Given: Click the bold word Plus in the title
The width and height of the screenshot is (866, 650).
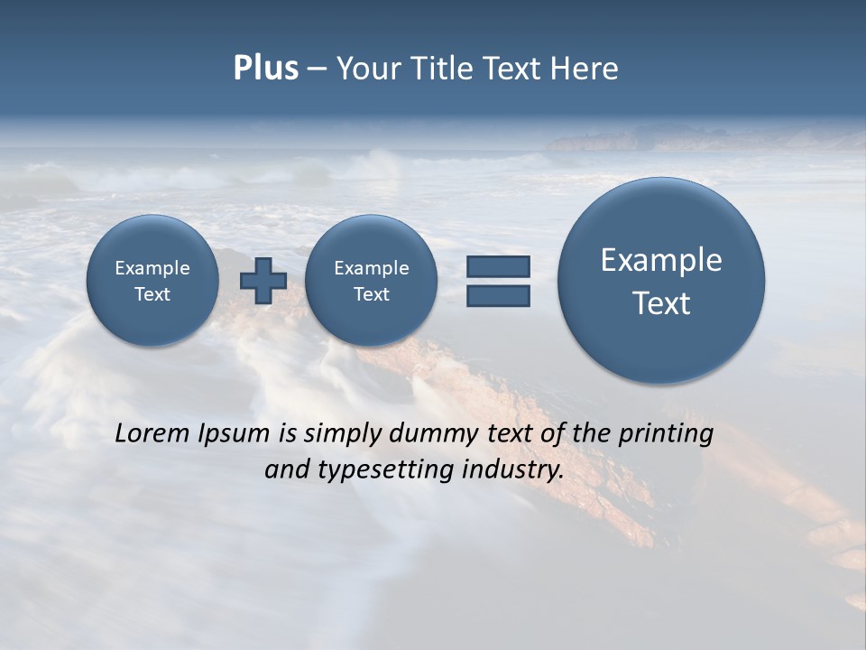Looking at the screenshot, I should point(265,69).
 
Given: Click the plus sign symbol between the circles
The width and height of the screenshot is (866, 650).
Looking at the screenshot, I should point(263,281).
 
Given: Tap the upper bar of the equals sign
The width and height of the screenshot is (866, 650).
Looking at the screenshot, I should point(498,266).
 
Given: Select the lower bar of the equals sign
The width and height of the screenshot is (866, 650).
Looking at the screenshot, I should point(498,295).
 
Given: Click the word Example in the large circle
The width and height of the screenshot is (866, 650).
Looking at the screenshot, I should point(661,260).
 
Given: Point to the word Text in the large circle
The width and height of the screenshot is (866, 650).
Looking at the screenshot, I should point(661,303).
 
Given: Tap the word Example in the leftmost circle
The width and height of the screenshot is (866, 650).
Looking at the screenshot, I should point(152,268).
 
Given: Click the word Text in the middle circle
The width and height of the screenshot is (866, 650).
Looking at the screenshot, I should point(371,294).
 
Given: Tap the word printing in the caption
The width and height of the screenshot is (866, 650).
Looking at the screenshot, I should point(666,434).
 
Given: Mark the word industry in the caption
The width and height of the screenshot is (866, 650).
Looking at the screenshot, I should point(513,470).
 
